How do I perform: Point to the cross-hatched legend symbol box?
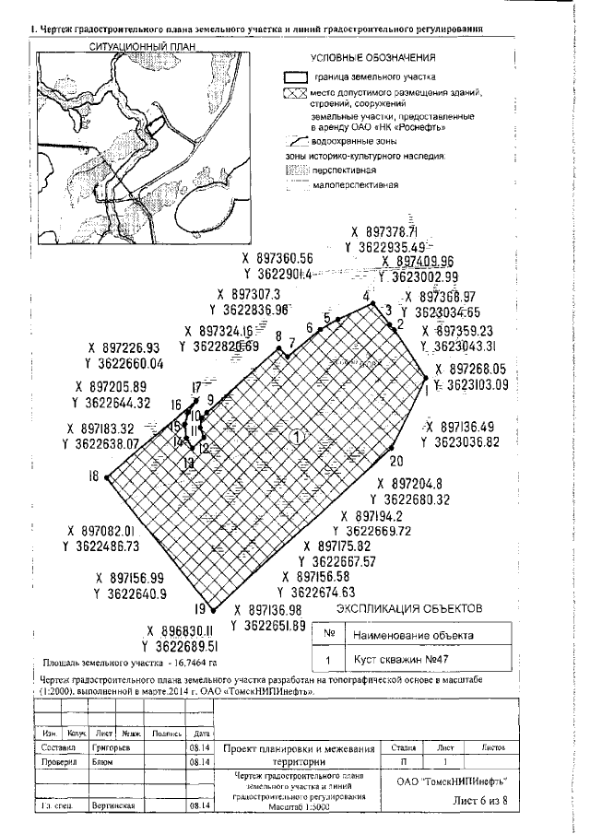pyautogui.click(x=293, y=93)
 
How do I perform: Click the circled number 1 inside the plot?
pyautogui.click(x=296, y=436)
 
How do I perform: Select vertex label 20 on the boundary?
pyautogui.click(x=396, y=461)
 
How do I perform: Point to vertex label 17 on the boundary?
pyautogui.click(x=195, y=387)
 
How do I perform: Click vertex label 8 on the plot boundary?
pyautogui.click(x=277, y=336)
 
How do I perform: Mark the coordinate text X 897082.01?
pyautogui.click(x=101, y=532)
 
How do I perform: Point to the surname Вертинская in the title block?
pyautogui.click(x=113, y=805)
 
